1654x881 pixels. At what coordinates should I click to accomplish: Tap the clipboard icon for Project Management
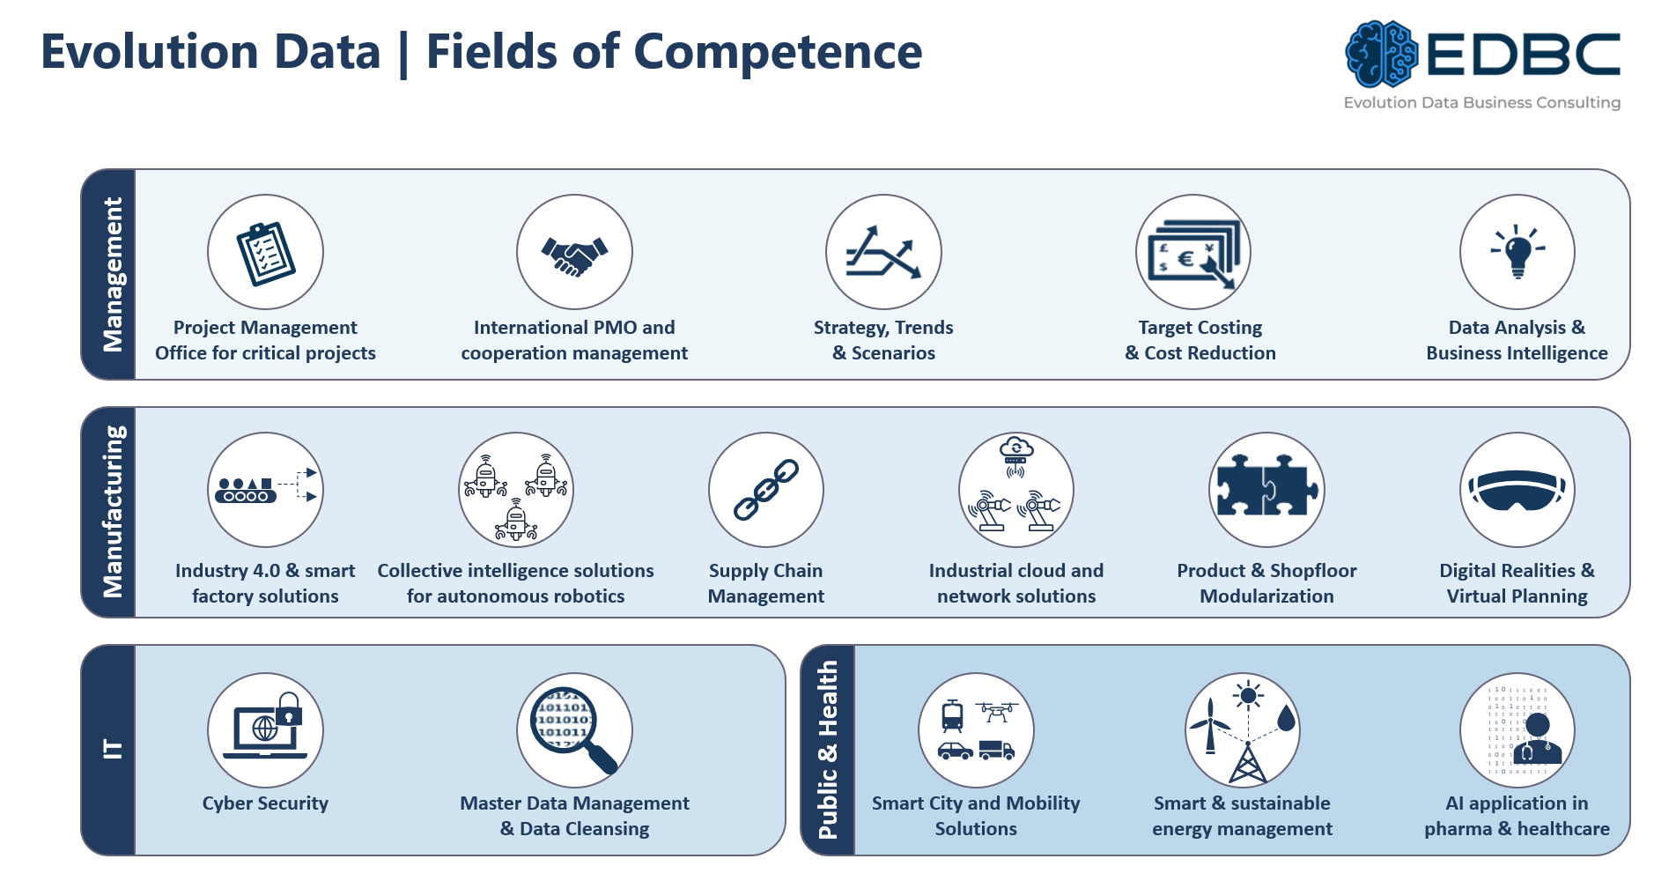click(x=266, y=253)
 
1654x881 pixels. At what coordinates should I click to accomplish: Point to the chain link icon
click(x=766, y=490)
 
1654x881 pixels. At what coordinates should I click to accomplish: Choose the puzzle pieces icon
click(x=1267, y=485)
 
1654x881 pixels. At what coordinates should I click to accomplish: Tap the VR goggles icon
click(x=1517, y=490)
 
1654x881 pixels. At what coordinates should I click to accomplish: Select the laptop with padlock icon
click(x=264, y=727)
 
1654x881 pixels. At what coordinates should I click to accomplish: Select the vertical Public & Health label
click(x=827, y=750)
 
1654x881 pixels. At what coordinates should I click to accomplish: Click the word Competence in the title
click(x=778, y=51)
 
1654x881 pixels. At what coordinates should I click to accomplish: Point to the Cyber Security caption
click(x=265, y=803)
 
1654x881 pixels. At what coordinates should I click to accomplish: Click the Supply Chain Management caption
click(x=766, y=583)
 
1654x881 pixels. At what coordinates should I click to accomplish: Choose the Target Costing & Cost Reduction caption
click(x=1200, y=340)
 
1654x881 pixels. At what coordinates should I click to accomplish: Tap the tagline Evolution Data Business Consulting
click(x=1482, y=102)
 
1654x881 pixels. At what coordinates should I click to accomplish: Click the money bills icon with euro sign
click(x=1193, y=254)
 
